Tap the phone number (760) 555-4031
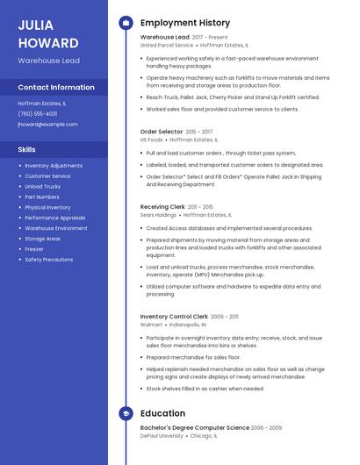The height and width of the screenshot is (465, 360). pos(38,113)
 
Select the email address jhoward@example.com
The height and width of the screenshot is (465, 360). pos(47,124)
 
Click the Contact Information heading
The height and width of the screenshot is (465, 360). pos(56,88)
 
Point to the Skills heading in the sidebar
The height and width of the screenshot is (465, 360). pos(26,149)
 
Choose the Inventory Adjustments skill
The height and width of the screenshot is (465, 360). pos(54,166)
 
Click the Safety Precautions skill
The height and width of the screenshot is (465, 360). pos(49,260)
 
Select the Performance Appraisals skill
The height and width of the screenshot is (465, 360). pos(55,218)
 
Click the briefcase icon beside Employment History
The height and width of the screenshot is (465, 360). pos(126,23)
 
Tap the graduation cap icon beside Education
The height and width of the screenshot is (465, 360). pos(126,412)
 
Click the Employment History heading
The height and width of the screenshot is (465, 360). pos(185,23)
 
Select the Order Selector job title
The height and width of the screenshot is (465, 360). pos(161,131)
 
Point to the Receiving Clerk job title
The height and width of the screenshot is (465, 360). pos(162,207)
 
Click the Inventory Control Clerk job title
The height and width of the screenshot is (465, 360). pos(174,316)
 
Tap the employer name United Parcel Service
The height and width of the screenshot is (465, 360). pos(167,45)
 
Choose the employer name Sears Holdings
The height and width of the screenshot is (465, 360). pos(158,214)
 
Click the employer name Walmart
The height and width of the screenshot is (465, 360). pos(151,324)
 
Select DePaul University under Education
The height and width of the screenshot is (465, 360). pos(162,435)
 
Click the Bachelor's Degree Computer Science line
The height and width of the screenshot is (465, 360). pos(195,427)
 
